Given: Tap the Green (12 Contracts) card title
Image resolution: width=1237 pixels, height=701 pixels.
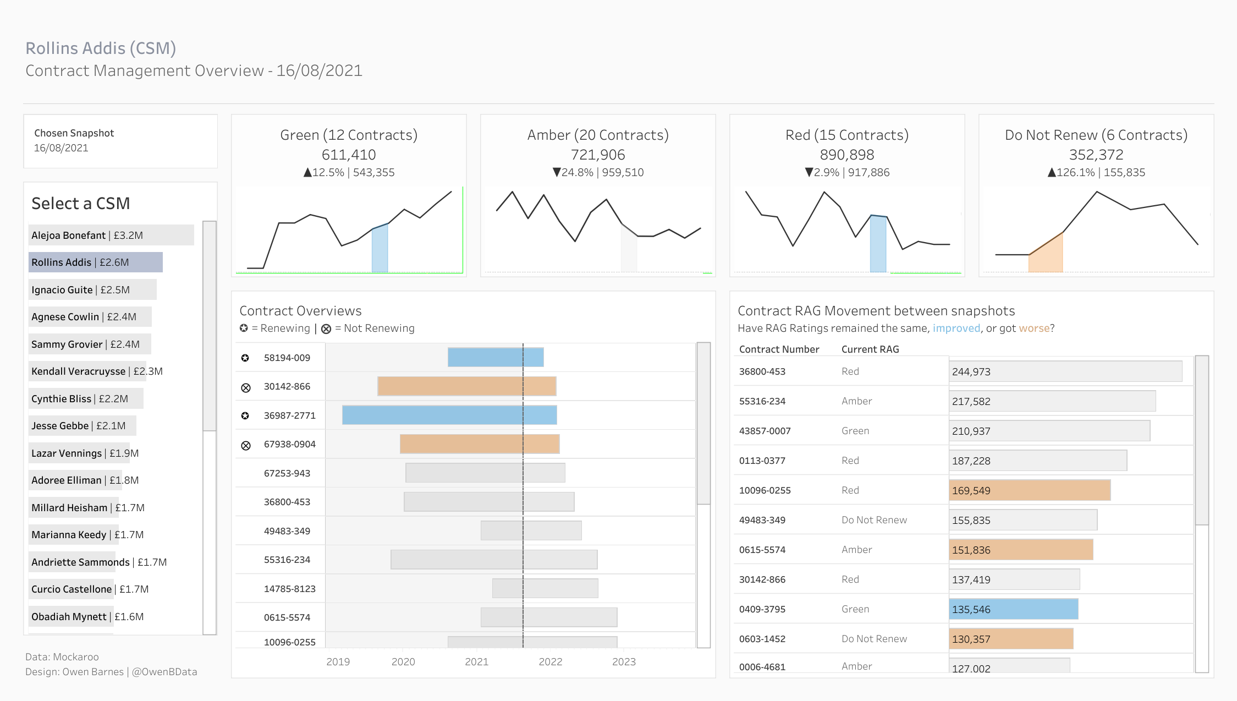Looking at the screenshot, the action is pyautogui.click(x=349, y=135).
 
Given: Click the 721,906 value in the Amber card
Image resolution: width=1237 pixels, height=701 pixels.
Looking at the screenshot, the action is pyautogui.click(x=598, y=155).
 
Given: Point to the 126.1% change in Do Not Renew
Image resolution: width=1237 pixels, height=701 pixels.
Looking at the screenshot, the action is pyautogui.click(x=1075, y=172).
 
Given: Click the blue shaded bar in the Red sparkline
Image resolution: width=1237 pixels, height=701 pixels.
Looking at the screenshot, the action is pyautogui.click(x=878, y=244).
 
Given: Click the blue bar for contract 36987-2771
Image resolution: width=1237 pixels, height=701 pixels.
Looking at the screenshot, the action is pyautogui.click(x=449, y=415).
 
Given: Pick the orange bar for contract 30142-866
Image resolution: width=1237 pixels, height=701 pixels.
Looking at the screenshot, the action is pyautogui.click(x=467, y=386).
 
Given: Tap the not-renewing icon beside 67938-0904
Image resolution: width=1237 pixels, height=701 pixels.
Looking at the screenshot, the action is pyautogui.click(x=246, y=445).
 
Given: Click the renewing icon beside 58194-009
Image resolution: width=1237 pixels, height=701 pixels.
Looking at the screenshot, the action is pyautogui.click(x=245, y=358).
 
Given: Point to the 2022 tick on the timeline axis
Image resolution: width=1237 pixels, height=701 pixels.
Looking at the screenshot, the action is pyautogui.click(x=551, y=661).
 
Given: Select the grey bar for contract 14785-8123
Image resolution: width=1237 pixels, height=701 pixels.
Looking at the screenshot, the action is pyautogui.click(x=545, y=588).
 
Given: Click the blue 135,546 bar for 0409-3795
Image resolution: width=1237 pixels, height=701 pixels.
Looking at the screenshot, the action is pyautogui.click(x=1014, y=609).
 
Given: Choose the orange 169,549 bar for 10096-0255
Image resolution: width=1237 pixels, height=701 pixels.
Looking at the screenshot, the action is pyautogui.click(x=1030, y=490).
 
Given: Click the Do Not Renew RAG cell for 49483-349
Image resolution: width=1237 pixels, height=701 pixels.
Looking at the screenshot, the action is pyautogui.click(x=874, y=520).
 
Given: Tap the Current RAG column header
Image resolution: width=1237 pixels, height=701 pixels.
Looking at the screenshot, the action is pyautogui.click(x=870, y=349).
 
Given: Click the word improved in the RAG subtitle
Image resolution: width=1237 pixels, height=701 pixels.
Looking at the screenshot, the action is pyautogui.click(x=956, y=328).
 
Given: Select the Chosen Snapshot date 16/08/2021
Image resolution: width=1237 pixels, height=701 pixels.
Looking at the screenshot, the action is pyautogui.click(x=61, y=148).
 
